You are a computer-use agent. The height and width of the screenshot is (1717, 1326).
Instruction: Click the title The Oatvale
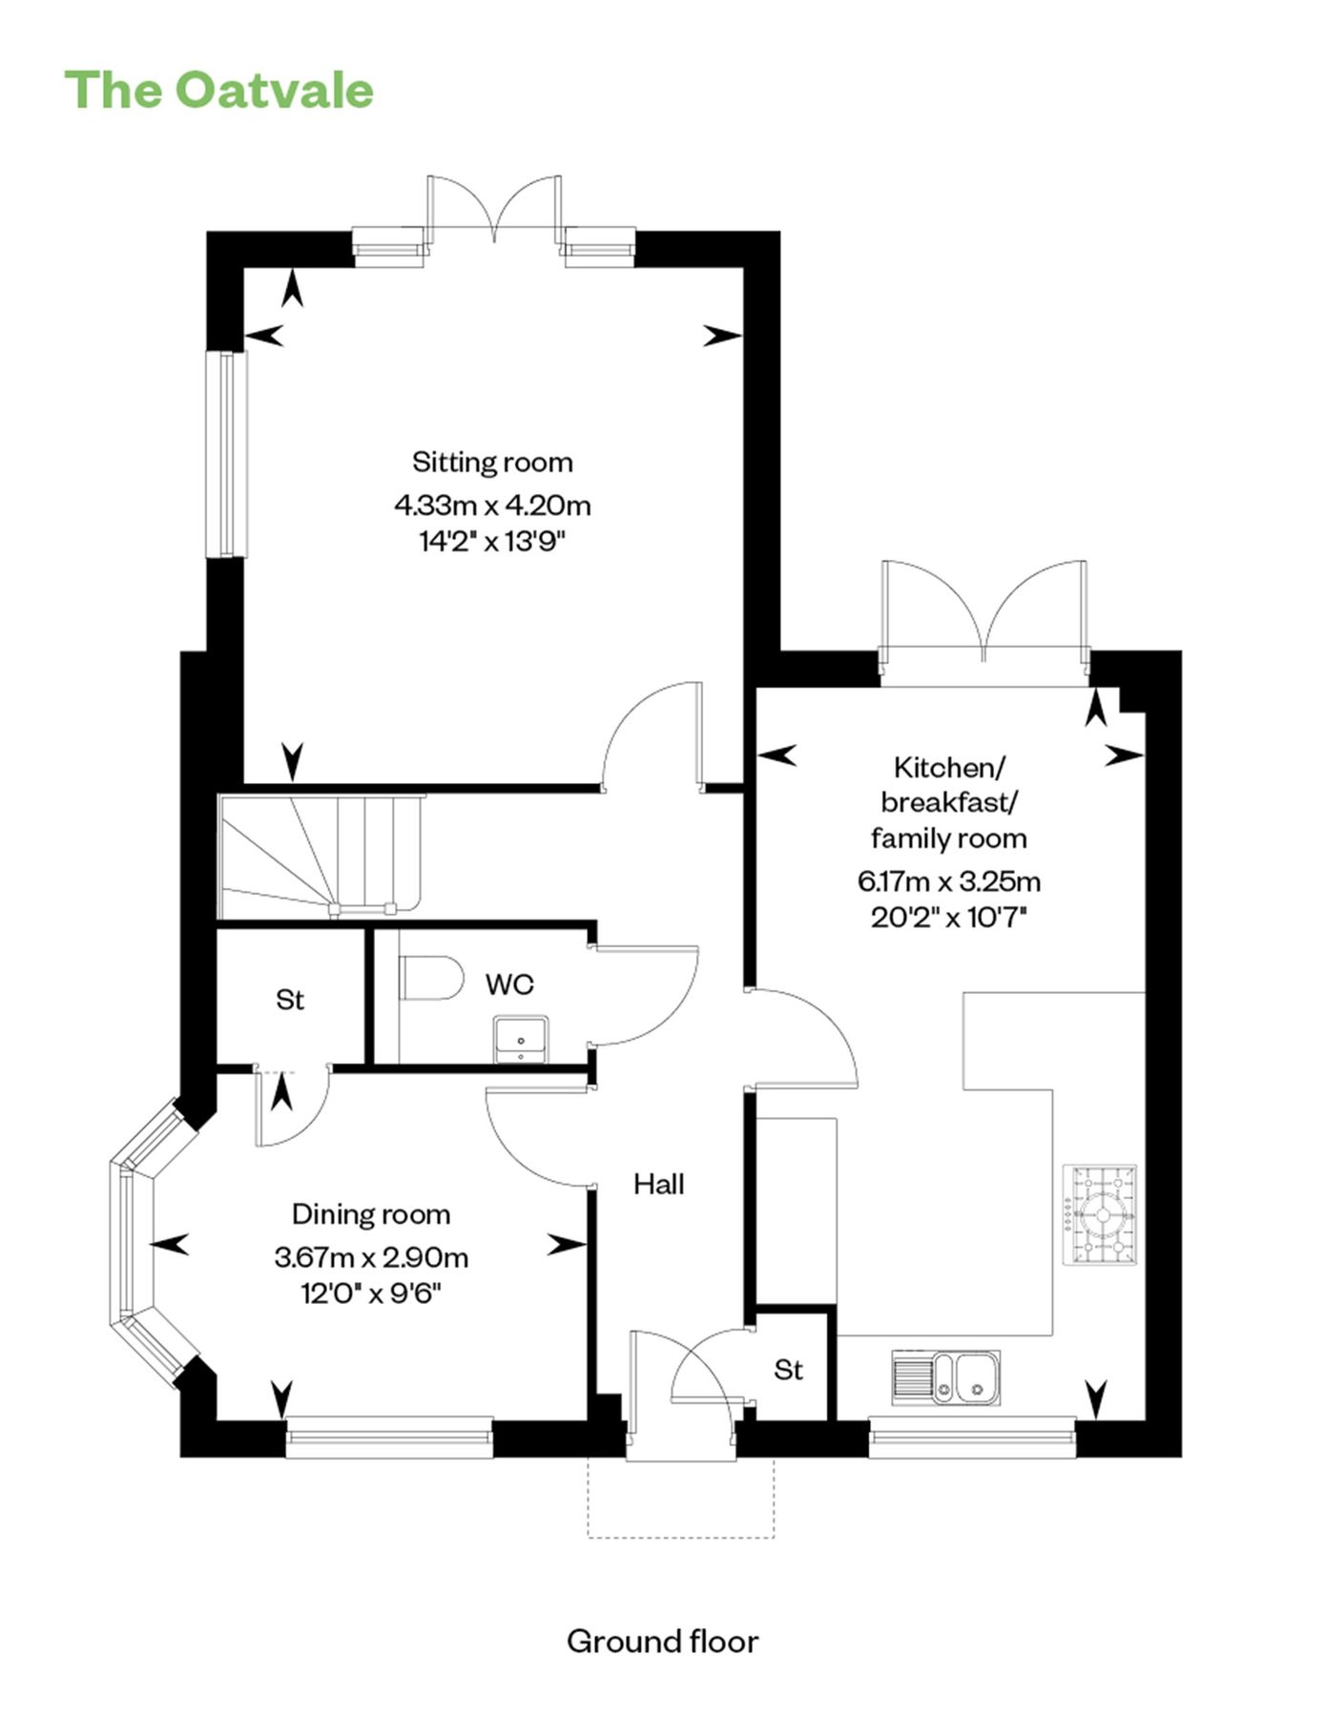coord(218,91)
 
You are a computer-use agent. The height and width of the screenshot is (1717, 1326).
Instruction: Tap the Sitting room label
coord(492,463)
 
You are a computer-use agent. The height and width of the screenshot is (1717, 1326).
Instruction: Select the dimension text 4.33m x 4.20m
coord(492,505)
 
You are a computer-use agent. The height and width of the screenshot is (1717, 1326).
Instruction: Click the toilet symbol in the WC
coord(431,978)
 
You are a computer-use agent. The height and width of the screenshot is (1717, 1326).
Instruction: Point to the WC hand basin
coord(521,1039)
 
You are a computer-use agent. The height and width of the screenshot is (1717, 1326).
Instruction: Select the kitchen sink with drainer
coord(946,1377)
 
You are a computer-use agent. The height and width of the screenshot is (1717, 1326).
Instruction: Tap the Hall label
coord(659,1185)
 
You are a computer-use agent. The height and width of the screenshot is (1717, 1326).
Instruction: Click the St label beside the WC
coord(290,1000)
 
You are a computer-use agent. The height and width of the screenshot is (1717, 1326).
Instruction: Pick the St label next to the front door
coord(788,1370)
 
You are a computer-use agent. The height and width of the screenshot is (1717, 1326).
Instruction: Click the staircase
coord(320,853)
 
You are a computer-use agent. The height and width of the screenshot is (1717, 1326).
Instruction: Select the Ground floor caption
coord(662,1642)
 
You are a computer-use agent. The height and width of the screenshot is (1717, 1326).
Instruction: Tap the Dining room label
coord(371,1214)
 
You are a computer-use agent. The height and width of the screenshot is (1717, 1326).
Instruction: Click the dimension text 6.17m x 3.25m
coord(948,880)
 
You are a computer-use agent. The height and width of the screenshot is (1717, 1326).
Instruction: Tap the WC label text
coord(509,984)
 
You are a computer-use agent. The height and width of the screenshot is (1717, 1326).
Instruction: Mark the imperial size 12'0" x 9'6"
coord(371,1294)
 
